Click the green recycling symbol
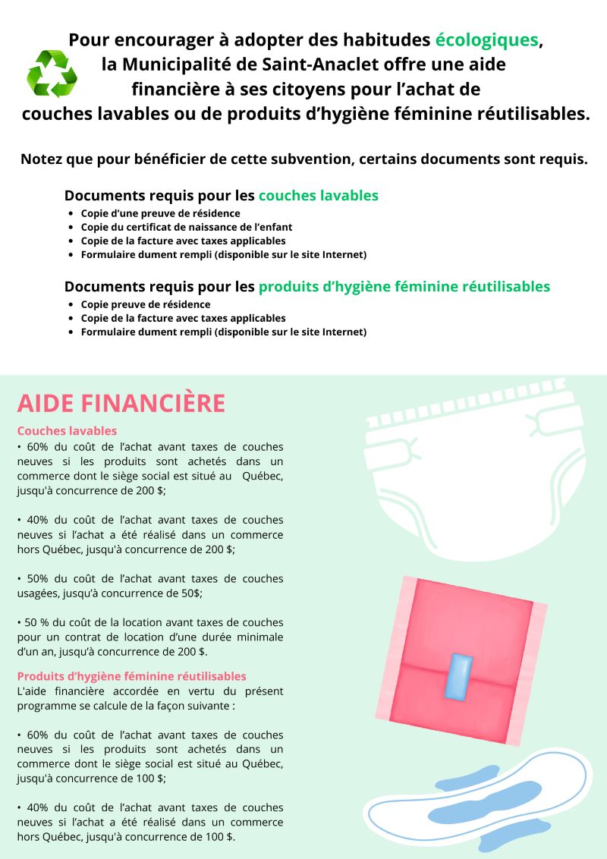[52, 74]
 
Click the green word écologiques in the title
[486, 40]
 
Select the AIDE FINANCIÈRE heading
[121, 403]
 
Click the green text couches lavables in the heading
[318, 196]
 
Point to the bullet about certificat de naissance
[186, 227]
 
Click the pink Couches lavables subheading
[67, 431]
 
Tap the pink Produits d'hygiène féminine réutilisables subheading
[131, 676]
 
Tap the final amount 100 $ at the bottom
[219, 837]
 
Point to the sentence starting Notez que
[303, 160]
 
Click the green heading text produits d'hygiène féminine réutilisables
[404, 287]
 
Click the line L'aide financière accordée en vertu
[150, 691]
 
